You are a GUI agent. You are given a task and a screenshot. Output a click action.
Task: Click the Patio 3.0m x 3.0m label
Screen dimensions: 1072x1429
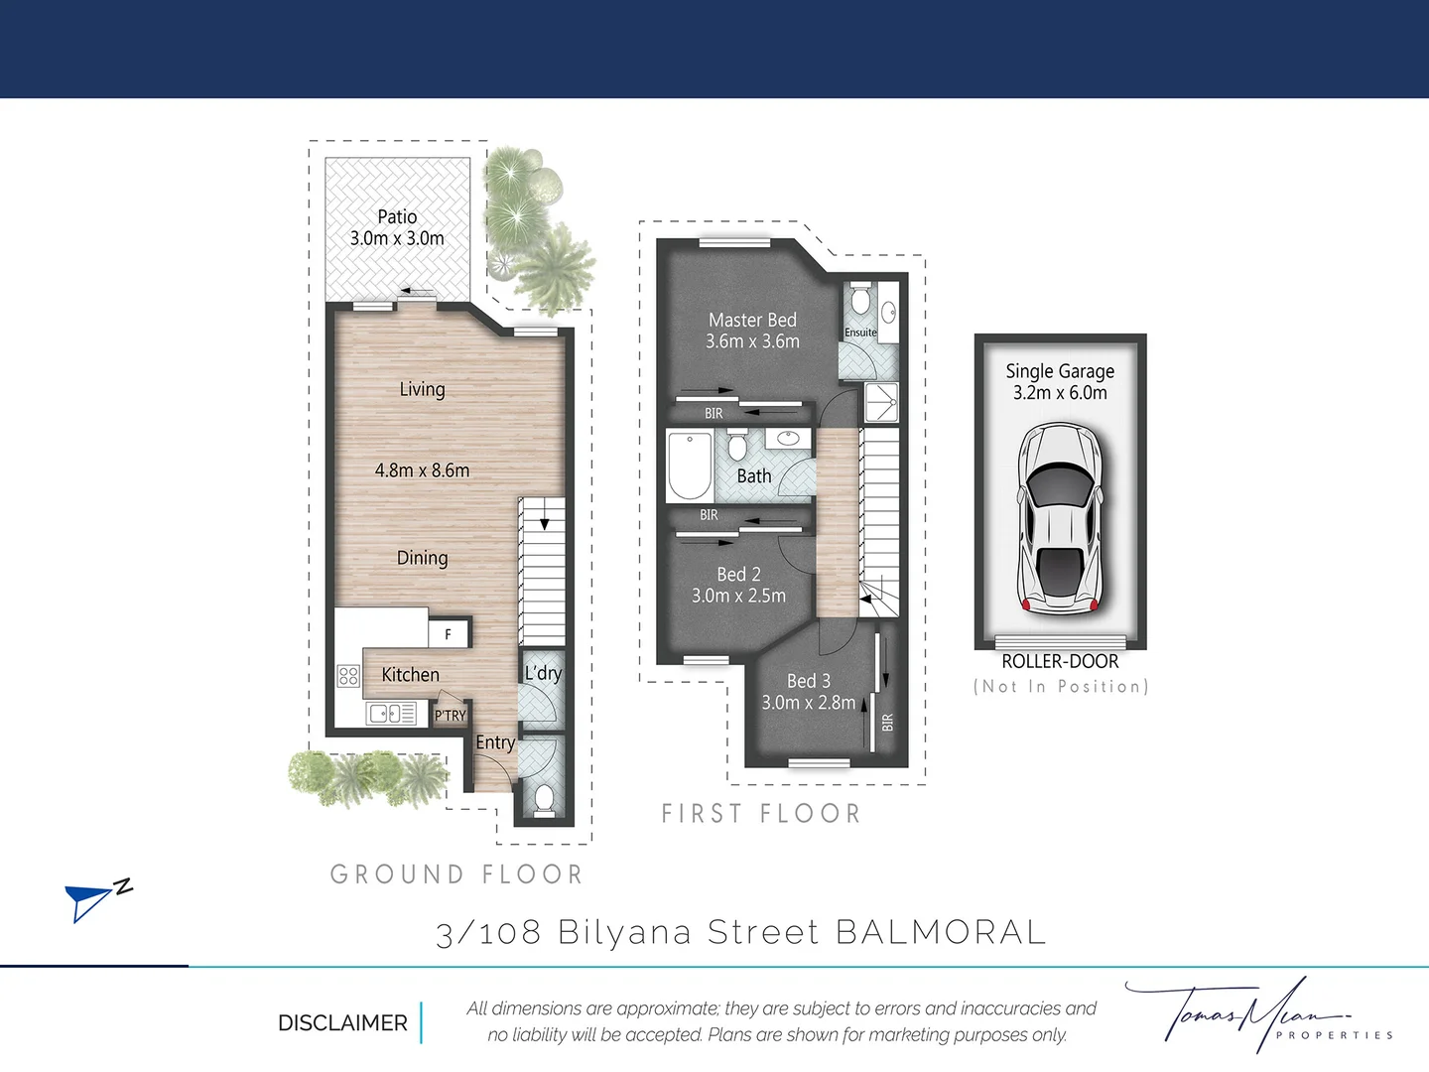tap(397, 227)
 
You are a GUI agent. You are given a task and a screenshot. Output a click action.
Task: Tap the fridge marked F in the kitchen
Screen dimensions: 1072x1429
tap(448, 634)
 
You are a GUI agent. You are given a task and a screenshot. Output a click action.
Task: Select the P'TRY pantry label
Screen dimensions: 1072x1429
tap(450, 716)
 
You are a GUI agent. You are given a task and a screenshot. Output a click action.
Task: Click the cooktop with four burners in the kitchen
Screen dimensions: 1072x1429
tap(348, 676)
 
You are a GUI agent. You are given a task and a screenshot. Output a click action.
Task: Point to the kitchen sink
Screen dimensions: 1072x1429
tap(392, 714)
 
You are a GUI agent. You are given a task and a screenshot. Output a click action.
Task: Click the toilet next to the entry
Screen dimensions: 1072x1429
tap(544, 798)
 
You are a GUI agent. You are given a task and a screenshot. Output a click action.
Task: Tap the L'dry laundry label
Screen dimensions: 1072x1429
tap(543, 673)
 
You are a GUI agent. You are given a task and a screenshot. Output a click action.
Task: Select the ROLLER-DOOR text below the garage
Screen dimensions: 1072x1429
tap(1060, 661)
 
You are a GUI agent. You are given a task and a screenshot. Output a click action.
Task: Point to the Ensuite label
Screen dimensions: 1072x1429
tap(860, 333)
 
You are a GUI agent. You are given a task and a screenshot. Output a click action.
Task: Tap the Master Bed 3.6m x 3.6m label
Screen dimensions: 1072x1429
tap(752, 331)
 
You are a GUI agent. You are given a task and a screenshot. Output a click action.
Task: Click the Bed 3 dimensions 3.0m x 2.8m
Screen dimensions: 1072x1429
tap(808, 703)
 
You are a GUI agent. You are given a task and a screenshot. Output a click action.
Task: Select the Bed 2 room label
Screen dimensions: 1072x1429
tap(738, 574)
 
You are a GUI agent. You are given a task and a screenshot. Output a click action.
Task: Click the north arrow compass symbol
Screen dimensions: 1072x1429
tap(95, 898)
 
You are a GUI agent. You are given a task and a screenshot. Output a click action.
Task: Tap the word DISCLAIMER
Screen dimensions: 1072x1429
tap(342, 1022)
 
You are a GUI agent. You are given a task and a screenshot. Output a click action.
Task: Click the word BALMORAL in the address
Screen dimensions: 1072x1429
tap(941, 932)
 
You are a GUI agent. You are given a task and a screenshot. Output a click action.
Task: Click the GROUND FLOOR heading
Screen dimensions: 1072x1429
tap(456, 874)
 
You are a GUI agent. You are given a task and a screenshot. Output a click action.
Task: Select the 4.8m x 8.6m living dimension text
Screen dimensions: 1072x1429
tap(422, 470)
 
